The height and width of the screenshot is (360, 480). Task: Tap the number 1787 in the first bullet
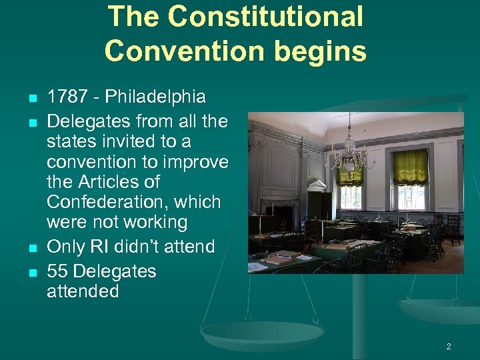(69, 97)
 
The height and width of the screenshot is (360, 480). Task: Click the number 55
(57, 271)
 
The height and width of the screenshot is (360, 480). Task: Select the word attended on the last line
(82, 291)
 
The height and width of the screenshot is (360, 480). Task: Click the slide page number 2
(449, 347)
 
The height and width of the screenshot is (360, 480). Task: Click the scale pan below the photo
(253, 333)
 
